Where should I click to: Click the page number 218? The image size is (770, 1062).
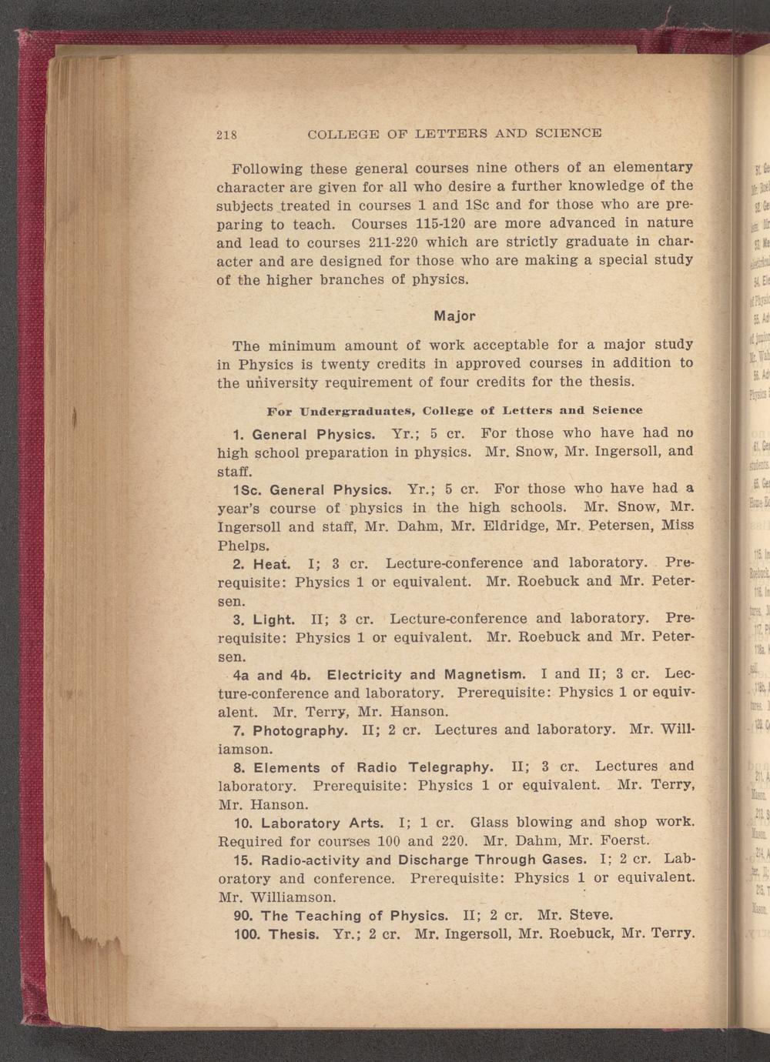point(226,134)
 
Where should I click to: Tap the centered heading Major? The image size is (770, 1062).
point(455,316)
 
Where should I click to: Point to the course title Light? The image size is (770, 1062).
point(273,619)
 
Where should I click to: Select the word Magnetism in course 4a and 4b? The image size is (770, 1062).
point(475,675)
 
